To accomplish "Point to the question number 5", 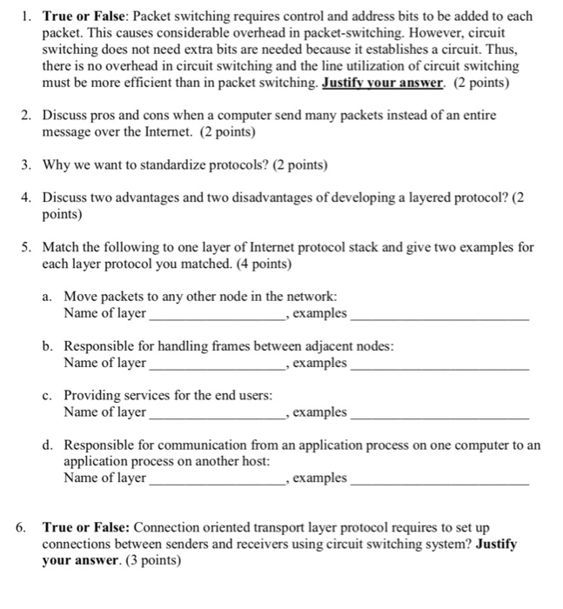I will (26, 247).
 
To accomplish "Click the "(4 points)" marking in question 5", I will (258, 263).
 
